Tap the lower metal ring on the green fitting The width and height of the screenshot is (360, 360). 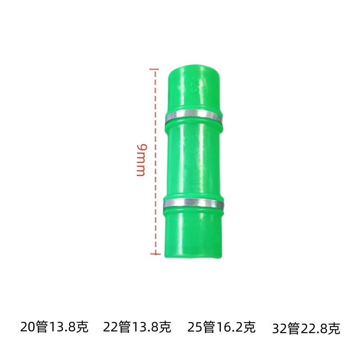(x=193, y=204)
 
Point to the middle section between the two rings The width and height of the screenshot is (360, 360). (x=193, y=160)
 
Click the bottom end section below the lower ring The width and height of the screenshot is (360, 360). (x=193, y=234)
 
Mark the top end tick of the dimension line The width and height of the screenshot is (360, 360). (x=155, y=69)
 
